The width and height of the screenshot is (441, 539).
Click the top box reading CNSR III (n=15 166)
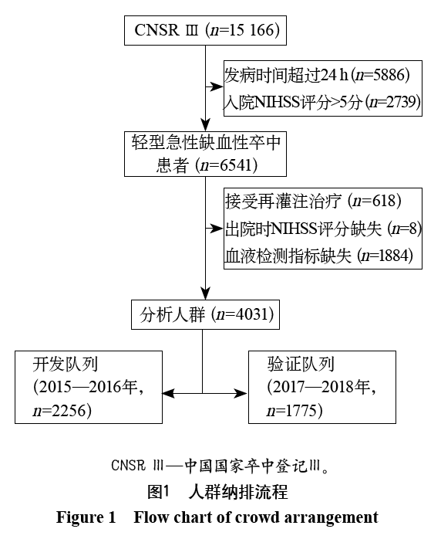(x=205, y=30)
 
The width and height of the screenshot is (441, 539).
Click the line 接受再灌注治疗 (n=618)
(x=313, y=201)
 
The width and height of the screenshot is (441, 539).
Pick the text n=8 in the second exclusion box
(x=406, y=229)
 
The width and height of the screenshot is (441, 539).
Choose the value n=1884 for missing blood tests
(x=388, y=256)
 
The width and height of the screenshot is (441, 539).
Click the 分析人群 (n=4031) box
(x=205, y=314)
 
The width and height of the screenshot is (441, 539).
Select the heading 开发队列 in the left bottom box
(x=66, y=364)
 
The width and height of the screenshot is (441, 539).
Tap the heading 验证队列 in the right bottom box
(x=301, y=364)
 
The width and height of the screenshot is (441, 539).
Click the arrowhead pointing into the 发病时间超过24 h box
(x=217, y=86)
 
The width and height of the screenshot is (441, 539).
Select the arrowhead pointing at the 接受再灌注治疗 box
(x=217, y=229)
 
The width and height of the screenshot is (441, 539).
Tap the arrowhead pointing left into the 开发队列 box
(x=169, y=393)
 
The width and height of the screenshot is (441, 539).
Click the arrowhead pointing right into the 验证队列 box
(x=241, y=393)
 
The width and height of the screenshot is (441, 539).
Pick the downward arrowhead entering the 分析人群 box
(x=205, y=293)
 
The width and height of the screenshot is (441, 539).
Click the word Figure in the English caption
(x=79, y=518)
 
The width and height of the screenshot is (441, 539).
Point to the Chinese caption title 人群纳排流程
(x=238, y=492)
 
